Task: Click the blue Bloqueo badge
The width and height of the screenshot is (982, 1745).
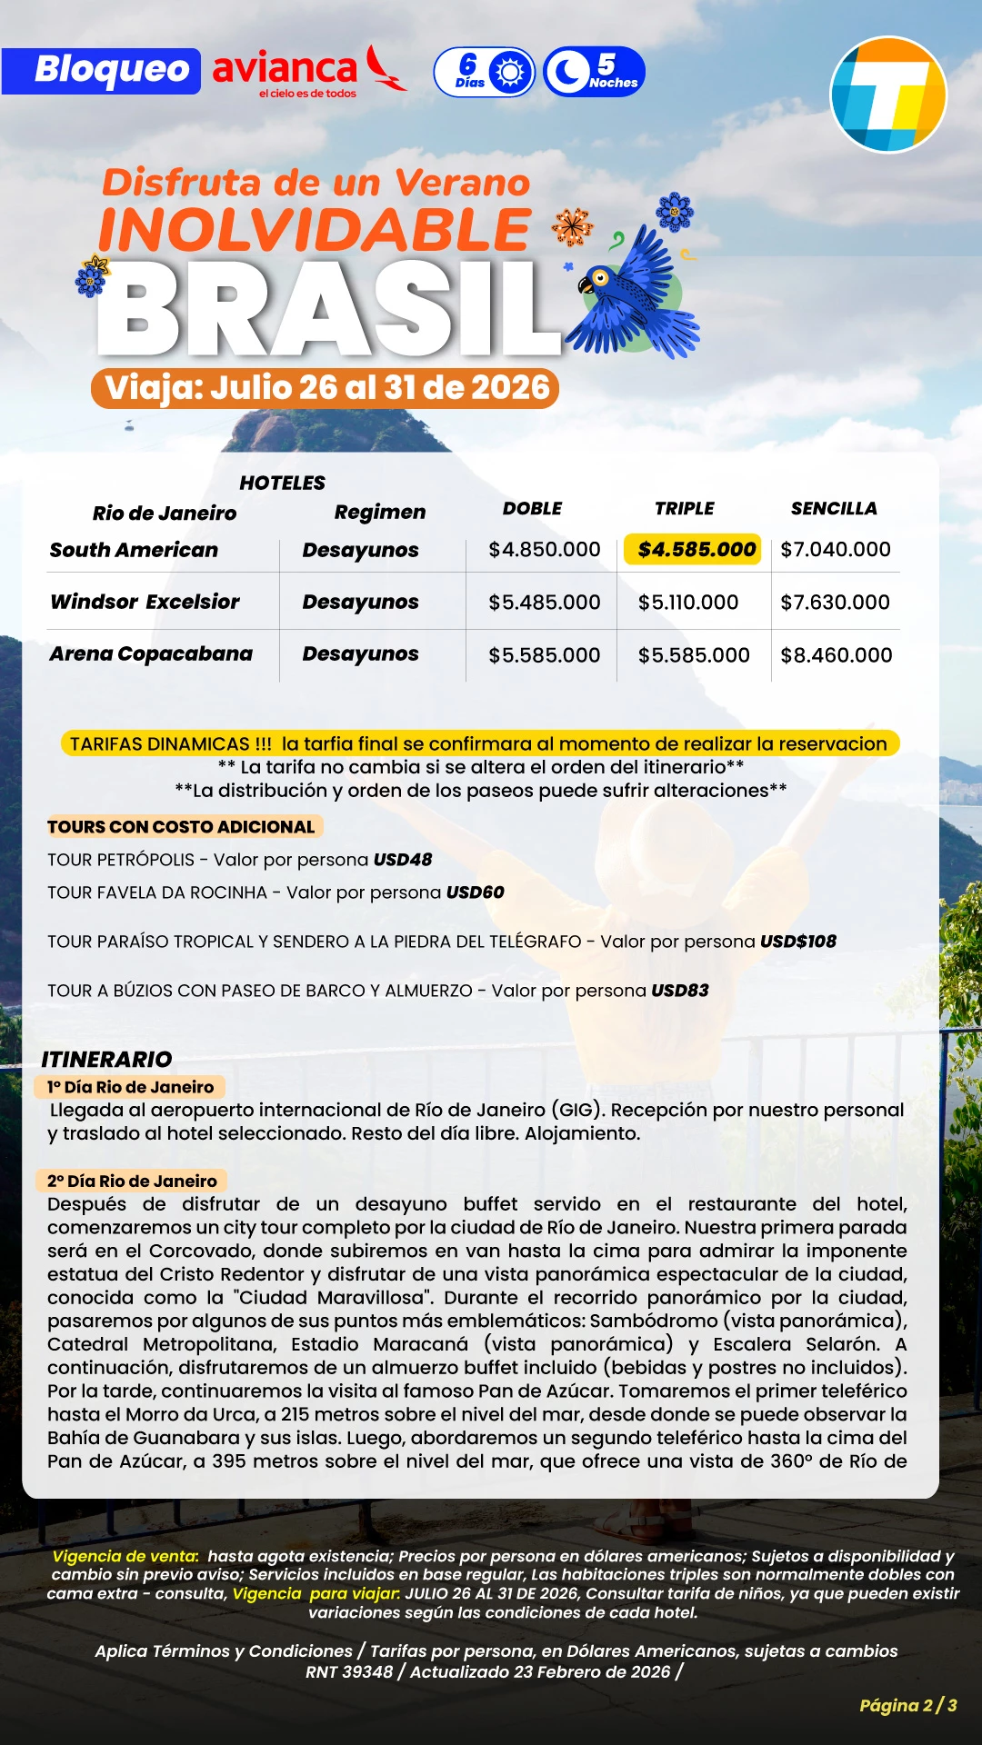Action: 101,71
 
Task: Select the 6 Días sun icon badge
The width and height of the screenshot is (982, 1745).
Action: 485,72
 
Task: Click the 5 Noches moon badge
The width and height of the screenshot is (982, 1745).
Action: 594,72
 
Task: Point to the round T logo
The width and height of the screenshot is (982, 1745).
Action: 888,95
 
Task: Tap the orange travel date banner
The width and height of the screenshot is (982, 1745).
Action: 326,388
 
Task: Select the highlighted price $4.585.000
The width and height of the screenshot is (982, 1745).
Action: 693,549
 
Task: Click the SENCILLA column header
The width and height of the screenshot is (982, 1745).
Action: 834,508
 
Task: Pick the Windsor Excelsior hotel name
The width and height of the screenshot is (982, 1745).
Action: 145,602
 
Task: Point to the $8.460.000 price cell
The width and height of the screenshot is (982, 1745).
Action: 837,655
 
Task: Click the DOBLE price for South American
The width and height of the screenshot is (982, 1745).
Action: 544,550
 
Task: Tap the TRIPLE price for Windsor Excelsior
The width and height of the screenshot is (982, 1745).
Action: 688,603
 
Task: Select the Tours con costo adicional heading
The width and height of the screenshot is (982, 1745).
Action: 181,827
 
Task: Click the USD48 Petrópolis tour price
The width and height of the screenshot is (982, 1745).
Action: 403,860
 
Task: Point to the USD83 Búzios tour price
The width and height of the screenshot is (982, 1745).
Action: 679,991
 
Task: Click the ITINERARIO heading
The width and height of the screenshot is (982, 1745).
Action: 106,1059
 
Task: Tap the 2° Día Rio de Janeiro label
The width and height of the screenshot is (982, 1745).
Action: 132,1181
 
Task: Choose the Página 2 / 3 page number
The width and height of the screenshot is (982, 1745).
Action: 907,1705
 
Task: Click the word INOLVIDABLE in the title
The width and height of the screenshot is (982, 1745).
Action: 314,230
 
